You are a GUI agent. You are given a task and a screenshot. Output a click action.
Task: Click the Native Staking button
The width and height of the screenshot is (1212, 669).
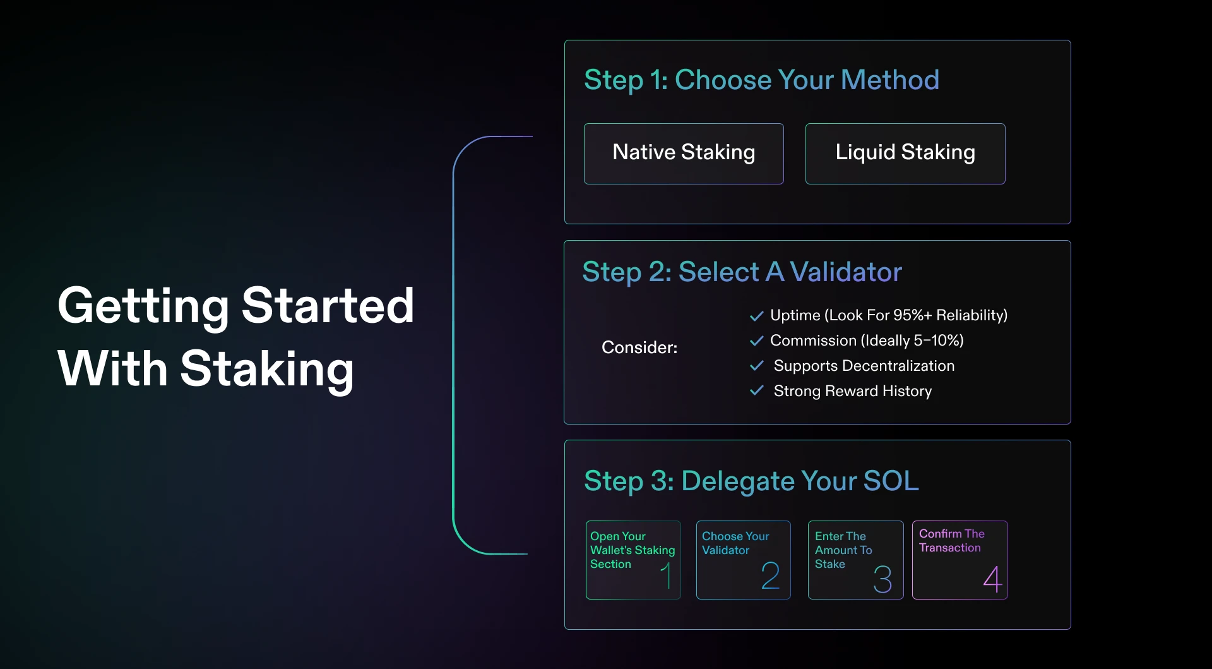coord(684,154)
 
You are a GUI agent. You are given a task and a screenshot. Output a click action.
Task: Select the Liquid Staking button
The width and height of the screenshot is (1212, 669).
coord(905,154)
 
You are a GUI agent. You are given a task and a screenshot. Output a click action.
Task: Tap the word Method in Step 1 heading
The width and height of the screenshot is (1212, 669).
coord(889,80)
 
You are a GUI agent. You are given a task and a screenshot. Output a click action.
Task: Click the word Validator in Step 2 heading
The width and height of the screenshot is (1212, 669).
coord(845,272)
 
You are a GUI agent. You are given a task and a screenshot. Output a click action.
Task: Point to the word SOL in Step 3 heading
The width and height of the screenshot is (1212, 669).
coord(891,481)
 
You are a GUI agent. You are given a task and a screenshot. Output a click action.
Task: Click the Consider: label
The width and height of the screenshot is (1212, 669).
coord(639,347)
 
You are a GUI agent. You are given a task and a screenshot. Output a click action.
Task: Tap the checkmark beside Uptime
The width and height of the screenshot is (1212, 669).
coord(756,316)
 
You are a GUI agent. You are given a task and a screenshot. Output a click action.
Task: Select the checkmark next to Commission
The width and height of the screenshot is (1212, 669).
coord(756,341)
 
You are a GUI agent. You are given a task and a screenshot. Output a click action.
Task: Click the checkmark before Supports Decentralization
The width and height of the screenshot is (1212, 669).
coord(756,366)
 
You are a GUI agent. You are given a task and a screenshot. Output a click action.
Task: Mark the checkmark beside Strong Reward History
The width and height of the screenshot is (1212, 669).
coord(756,391)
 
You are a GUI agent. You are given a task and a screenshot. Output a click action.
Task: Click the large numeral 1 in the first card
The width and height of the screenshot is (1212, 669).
coord(667,576)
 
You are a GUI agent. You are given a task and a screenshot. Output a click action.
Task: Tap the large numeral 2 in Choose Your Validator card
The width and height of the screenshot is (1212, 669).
coord(770,576)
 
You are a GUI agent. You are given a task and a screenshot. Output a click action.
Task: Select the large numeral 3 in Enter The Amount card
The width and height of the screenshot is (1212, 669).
coord(882,579)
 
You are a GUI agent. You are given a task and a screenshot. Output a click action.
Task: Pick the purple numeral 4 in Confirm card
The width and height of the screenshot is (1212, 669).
coord(992,579)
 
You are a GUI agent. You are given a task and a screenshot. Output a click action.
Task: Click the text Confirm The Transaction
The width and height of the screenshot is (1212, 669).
coord(951,541)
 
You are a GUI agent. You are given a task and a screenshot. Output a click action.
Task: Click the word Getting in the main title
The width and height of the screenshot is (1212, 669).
coord(143,306)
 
